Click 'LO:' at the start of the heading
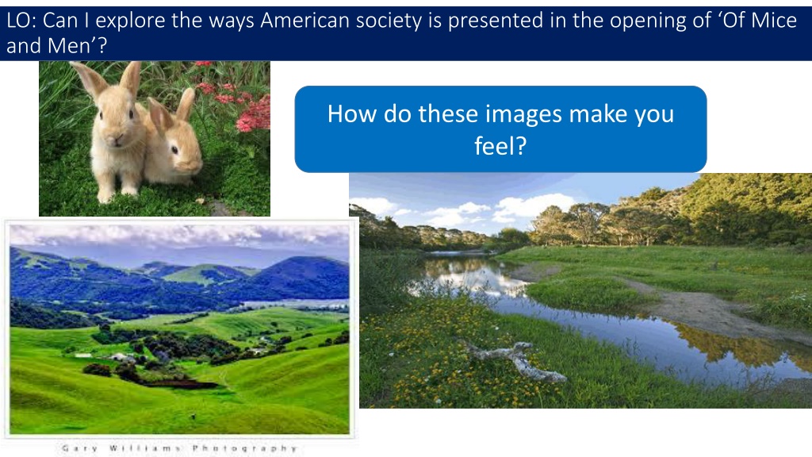(x=21, y=21)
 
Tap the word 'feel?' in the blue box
(x=500, y=146)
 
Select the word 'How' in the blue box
(x=352, y=114)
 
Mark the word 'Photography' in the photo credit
(x=244, y=448)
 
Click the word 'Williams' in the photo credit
(x=145, y=448)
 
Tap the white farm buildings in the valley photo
(x=118, y=356)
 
